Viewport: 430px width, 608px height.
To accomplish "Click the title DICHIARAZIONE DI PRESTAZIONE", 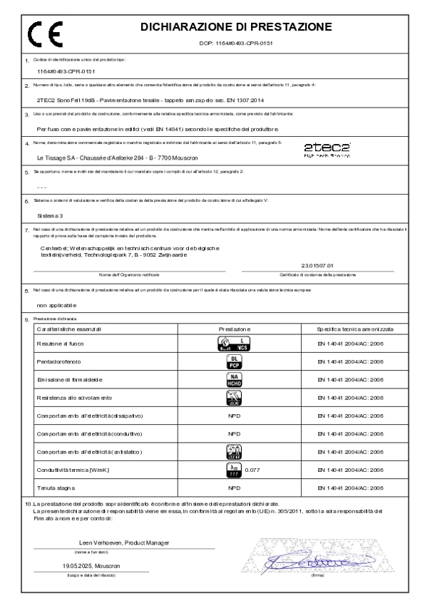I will point(236,28).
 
